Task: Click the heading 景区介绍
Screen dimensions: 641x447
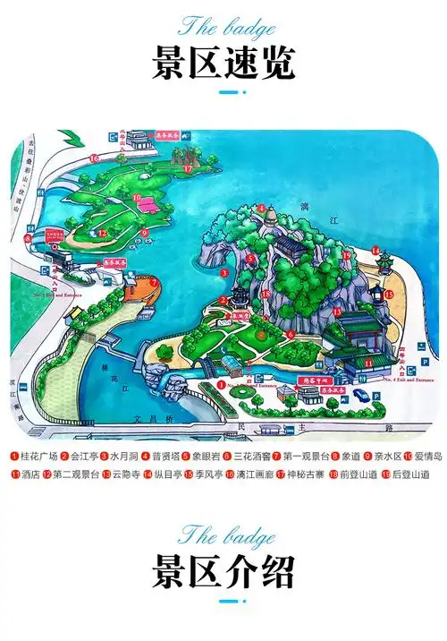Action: point(223,570)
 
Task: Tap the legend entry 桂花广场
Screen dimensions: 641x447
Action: point(36,457)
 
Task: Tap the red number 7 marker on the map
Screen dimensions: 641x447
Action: point(154,283)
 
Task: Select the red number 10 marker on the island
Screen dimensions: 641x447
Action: point(137,197)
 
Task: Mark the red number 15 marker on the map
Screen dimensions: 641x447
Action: point(389,293)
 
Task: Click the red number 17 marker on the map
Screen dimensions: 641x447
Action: point(189,167)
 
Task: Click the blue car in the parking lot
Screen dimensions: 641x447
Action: point(361,394)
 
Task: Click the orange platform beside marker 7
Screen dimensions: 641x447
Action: point(137,287)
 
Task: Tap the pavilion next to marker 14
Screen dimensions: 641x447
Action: point(385,261)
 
